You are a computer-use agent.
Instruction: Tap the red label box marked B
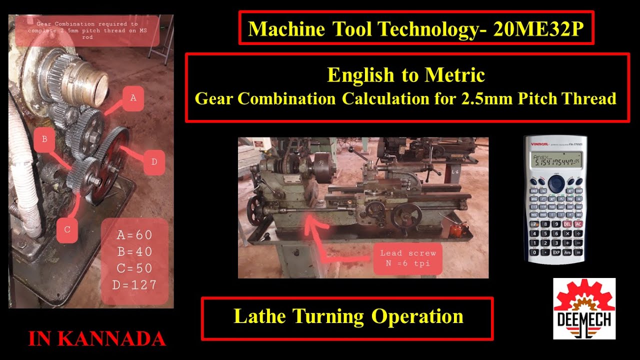coord(45,139)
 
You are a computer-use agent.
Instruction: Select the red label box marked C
coord(67,230)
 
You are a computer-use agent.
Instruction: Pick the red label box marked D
coord(154,162)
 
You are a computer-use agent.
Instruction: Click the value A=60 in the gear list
coord(134,235)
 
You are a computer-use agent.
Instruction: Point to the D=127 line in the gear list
coord(136,285)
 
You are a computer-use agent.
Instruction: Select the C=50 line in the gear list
coord(134,268)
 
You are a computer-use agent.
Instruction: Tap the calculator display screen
coord(555,160)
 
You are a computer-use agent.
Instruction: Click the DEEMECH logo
coord(584,308)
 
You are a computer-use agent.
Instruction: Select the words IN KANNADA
coord(97,339)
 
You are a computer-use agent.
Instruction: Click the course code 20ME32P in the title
coord(538,29)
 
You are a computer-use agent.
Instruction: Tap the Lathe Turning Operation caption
coord(348,317)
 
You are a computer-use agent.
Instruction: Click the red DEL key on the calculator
coord(567,224)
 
